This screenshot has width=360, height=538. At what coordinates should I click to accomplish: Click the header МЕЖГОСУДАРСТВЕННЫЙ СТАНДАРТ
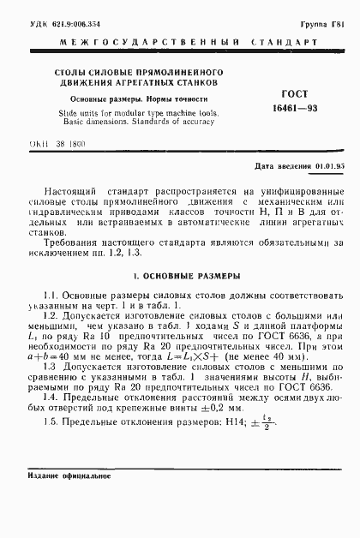(182, 40)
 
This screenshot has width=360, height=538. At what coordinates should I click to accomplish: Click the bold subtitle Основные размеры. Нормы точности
(123, 99)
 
